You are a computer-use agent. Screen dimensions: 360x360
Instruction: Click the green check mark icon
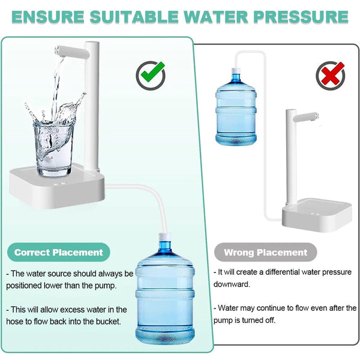(151, 75)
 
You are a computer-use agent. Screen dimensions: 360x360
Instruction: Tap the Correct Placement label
(59, 253)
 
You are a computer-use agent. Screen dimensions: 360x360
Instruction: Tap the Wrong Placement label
(265, 253)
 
